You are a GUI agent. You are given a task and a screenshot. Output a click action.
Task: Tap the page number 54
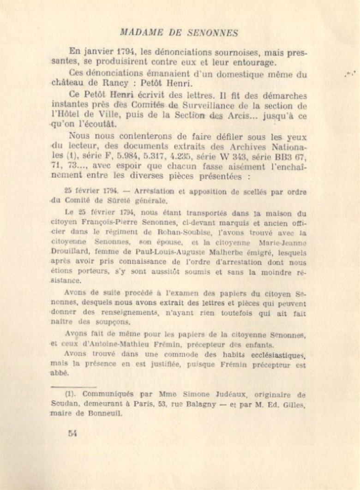(72, 433)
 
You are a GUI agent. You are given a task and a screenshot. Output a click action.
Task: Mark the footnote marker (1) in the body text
(69, 157)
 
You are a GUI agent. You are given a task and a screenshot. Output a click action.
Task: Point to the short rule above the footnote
(74, 386)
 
